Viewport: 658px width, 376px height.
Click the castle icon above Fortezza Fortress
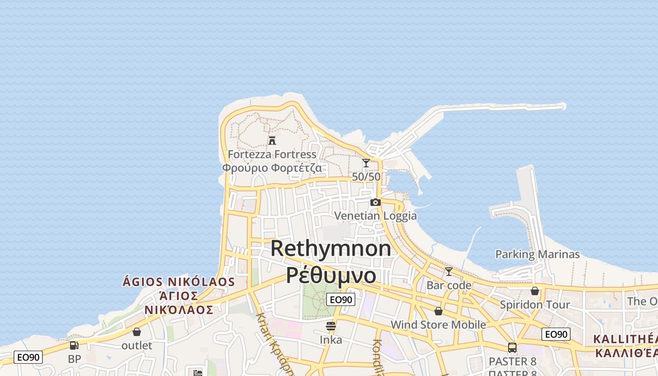[272, 140]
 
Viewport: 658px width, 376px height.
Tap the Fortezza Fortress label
[272, 154]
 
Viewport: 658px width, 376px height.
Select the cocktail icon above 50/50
[366, 163]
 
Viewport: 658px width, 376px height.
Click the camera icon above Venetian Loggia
[375, 202]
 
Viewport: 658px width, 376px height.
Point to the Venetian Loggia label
[375, 216]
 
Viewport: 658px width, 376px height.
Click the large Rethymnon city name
[331, 248]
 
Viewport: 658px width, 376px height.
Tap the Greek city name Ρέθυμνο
[331, 275]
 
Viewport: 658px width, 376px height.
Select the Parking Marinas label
[537, 254]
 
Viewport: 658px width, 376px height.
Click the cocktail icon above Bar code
[449, 272]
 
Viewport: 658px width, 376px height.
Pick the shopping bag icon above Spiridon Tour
[534, 291]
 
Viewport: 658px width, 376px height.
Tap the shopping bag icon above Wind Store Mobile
[438, 311]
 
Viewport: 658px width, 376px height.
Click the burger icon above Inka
[331, 326]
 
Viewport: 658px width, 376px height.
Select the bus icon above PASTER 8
[512, 348]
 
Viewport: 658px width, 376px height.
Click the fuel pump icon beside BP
[74, 345]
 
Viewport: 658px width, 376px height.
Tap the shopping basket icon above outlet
[137, 332]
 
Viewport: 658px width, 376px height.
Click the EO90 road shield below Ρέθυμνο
[341, 299]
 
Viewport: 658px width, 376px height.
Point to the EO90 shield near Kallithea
[556, 334]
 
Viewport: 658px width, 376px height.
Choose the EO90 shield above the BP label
[28, 357]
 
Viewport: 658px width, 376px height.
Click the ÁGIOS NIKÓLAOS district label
[179, 282]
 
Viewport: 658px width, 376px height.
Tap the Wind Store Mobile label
[438, 325]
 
